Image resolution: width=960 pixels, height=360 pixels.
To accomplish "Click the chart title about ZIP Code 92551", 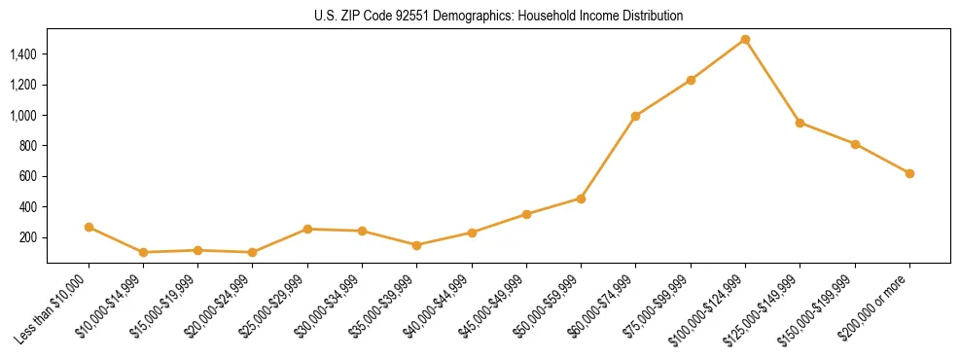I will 498,17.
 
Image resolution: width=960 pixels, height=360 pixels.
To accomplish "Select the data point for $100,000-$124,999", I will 745,40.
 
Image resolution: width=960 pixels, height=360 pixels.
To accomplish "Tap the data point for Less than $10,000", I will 89,227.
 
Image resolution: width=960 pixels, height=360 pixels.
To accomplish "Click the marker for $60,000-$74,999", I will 635,116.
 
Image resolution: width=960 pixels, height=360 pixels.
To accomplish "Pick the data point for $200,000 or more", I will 909,173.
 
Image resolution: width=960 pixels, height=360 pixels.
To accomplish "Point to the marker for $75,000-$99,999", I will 691,80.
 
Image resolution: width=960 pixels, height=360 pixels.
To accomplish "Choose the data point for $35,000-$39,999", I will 416,245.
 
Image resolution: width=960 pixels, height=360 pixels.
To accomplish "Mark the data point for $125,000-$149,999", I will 800,123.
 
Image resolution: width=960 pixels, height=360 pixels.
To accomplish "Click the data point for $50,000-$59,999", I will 581,198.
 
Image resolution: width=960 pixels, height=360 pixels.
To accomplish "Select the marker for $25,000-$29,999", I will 307,229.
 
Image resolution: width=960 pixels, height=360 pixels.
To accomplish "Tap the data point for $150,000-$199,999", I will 855,144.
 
